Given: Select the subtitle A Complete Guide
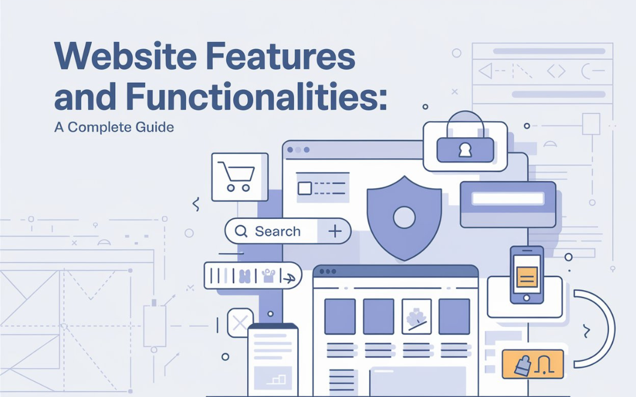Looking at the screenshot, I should coord(114,127).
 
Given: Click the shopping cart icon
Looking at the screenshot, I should coord(239,177).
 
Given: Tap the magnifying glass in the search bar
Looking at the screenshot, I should coord(241,231).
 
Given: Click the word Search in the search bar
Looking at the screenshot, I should coord(277,231).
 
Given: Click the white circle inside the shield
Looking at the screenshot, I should coord(404,217).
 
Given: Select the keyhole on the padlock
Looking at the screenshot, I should coord(465,150).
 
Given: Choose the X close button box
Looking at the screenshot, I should coord(239,323).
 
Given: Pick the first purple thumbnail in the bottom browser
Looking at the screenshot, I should coord(340,316).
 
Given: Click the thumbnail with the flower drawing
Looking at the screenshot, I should coord(416,316).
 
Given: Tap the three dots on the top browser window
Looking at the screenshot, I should coord(298,150).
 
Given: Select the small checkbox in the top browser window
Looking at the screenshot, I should coord(305,188).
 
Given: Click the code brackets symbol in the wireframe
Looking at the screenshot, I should coord(556,72).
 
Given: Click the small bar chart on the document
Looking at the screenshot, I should coord(278,379).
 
